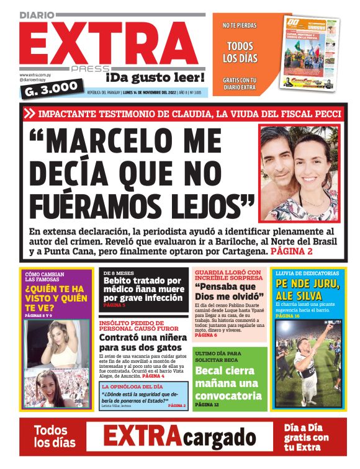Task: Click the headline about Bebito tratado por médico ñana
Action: pyautogui.click(x=142, y=288)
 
